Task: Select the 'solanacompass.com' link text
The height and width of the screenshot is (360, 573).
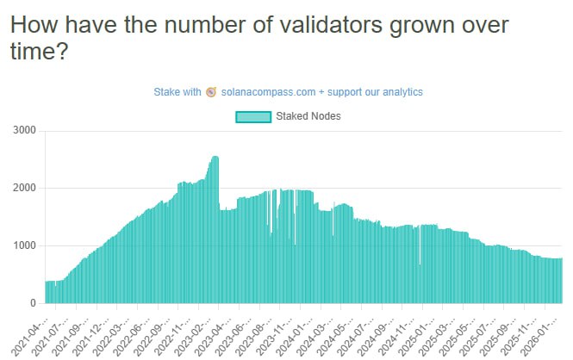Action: click(263, 91)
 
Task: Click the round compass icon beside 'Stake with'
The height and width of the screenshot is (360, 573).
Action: click(211, 91)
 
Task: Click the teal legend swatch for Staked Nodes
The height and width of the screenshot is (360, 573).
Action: click(252, 115)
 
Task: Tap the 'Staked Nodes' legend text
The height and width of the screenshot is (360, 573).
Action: click(308, 115)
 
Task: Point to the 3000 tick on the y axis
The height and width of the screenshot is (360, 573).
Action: click(23, 130)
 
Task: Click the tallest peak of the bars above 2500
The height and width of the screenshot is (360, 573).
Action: click(215, 158)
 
